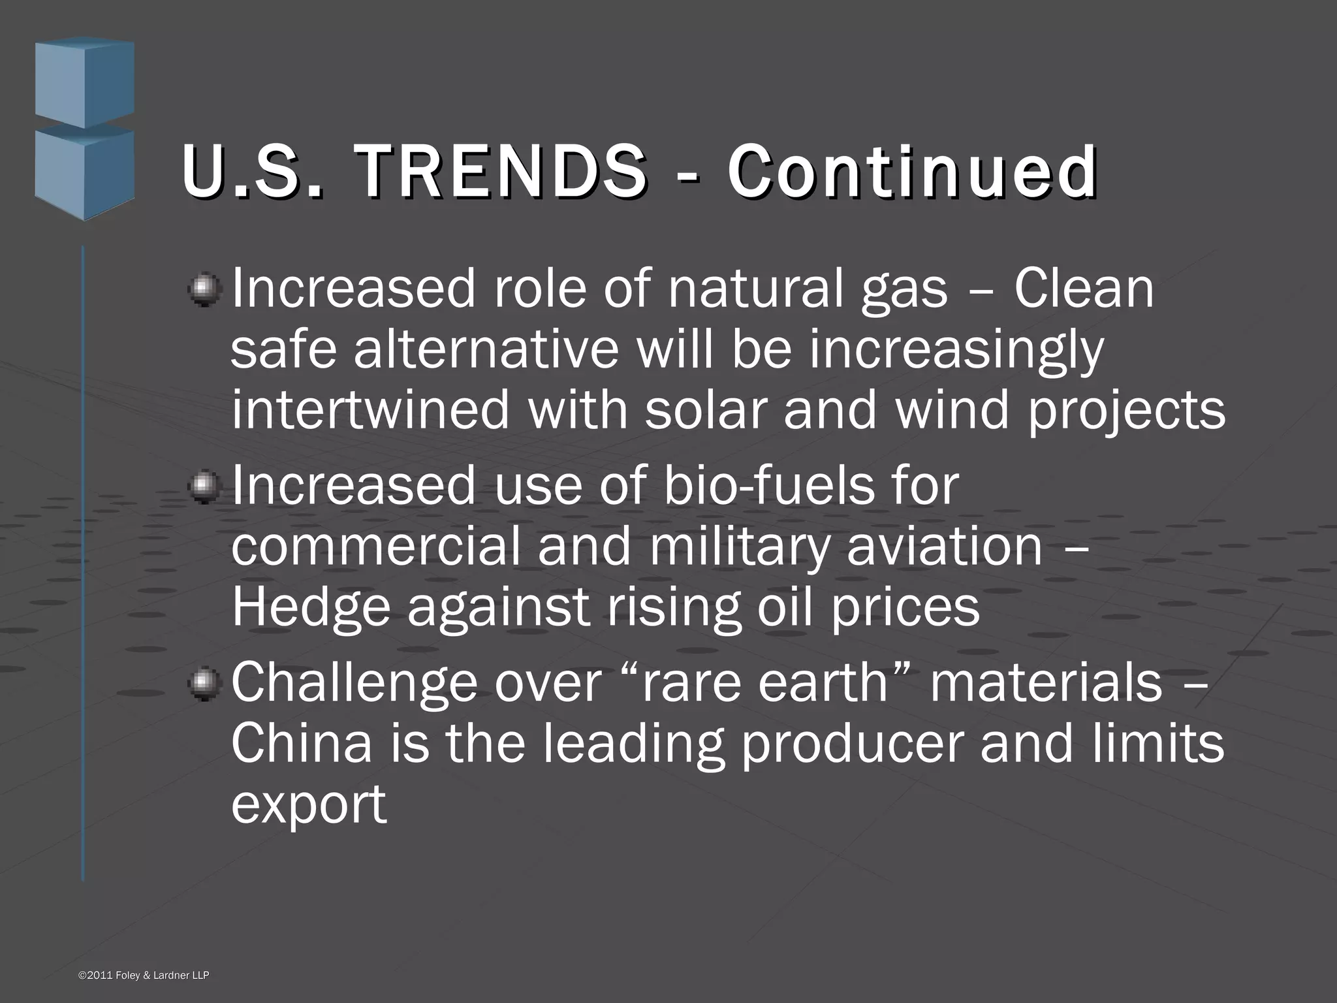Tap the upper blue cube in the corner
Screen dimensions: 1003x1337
click(85, 82)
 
